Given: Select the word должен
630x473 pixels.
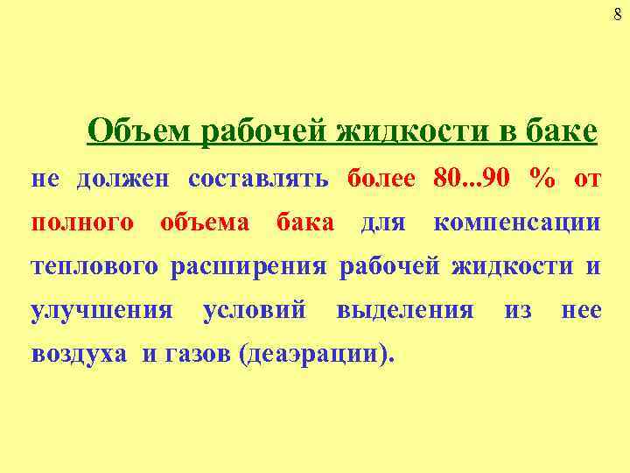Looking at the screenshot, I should (130, 180).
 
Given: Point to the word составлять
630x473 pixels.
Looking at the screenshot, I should (258, 180).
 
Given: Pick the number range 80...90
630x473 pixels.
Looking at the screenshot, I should (473, 180).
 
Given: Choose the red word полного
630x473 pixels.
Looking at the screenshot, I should (83, 222).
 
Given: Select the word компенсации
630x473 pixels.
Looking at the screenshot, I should (517, 222).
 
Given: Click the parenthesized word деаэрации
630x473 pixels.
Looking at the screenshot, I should (317, 355).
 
